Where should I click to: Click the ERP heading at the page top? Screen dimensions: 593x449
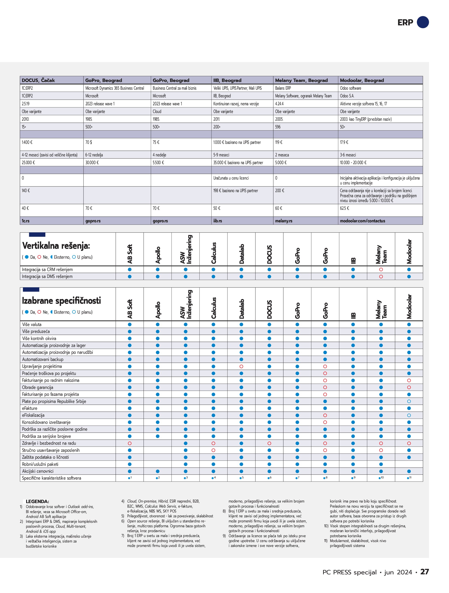405,23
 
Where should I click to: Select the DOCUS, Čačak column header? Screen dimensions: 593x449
38,80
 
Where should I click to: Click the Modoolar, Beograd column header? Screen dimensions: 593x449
362,80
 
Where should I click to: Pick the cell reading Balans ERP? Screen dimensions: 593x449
283,88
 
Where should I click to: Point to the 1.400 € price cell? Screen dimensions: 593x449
27,142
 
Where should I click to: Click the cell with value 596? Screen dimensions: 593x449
278,127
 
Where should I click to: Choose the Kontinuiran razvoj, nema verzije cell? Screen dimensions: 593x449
236,104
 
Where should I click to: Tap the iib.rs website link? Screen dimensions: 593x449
218,221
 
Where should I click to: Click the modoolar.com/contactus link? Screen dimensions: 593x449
362,221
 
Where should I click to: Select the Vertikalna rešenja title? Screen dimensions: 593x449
56,245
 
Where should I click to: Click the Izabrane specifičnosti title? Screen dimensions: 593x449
61,300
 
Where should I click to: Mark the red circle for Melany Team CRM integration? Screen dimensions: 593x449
381,269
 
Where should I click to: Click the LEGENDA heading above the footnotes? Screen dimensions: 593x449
37,501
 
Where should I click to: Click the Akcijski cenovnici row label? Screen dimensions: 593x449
38,471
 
